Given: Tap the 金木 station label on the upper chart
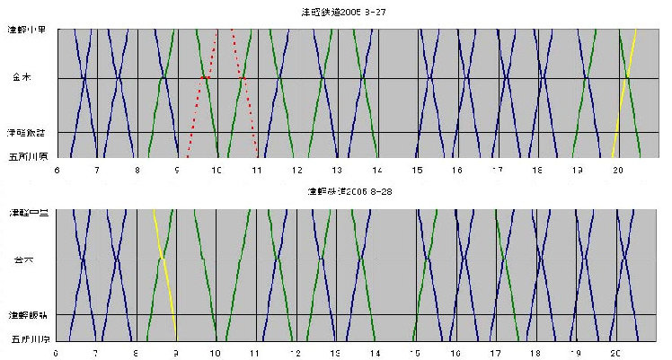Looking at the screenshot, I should (x=22, y=78).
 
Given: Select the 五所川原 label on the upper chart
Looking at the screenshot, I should (x=28, y=154).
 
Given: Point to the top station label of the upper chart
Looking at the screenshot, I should (x=28, y=30).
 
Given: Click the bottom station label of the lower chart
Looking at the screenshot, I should (x=28, y=339).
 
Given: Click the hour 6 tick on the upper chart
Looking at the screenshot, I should (x=57, y=168).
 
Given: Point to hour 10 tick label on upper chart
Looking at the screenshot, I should (x=217, y=168).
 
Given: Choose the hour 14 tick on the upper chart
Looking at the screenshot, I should (x=376, y=168).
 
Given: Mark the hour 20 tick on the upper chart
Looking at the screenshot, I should (x=616, y=168).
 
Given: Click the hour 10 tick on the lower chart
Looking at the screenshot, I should (x=216, y=353).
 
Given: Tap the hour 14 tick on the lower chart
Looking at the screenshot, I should (x=375, y=353).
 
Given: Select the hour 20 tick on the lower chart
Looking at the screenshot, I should (x=615, y=353).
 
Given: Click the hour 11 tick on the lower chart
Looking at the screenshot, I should (x=255, y=353).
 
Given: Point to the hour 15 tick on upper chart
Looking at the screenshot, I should (x=417, y=168).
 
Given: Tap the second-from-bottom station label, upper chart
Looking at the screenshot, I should (x=28, y=132).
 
